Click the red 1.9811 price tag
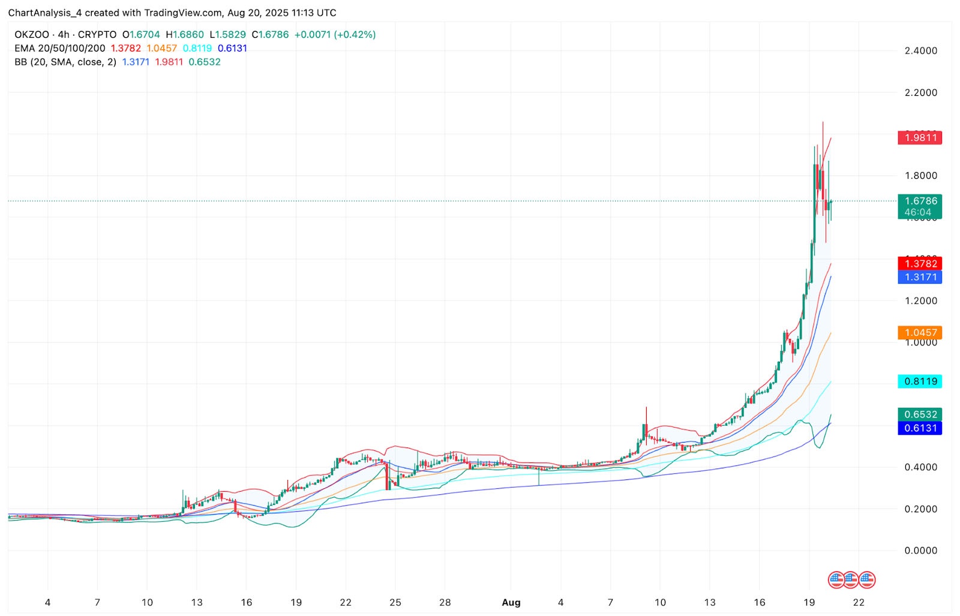pos(920,137)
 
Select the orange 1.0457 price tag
pos(920,332)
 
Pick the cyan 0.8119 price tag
pos(920,381)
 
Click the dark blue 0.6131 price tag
pos(920,428)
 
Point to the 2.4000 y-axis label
pos(920,50)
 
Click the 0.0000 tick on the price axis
pos(920,551)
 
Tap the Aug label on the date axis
pos(511,602)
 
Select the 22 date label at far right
pos(859,602)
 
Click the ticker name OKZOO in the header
pos(32,35)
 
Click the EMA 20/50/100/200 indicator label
pos(60,48)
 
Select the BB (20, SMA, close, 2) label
pos(65,62)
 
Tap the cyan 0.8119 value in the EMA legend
pos(197,48)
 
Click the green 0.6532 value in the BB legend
pos(205,62)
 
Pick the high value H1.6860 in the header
pos(185,35)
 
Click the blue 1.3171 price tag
pos(920,277)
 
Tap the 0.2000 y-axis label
pos(920,509)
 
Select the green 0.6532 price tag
pos(920,414)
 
